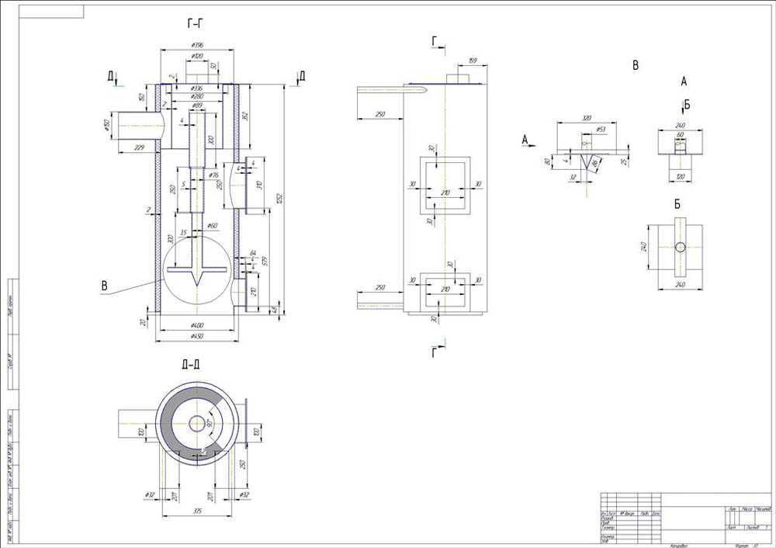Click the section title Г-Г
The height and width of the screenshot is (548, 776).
point(196,25)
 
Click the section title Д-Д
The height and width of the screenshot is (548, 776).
point(191,364)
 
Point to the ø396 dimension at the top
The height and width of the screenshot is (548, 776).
point(196,46)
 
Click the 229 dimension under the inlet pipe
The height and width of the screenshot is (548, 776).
point(140,147)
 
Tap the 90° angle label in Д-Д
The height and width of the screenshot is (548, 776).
point(210,423)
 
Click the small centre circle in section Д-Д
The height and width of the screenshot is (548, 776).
point(196,424)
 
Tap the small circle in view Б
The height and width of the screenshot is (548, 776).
point(680,247)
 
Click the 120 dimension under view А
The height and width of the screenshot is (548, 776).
point(681,177)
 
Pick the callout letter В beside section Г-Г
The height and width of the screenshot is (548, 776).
point(104,286)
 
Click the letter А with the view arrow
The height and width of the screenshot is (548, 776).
point(526,140)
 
